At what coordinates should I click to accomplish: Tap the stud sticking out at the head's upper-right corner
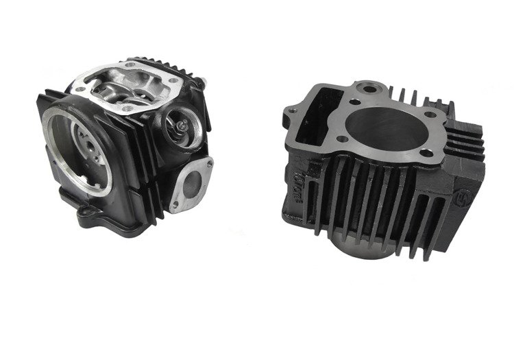pos(205,81)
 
